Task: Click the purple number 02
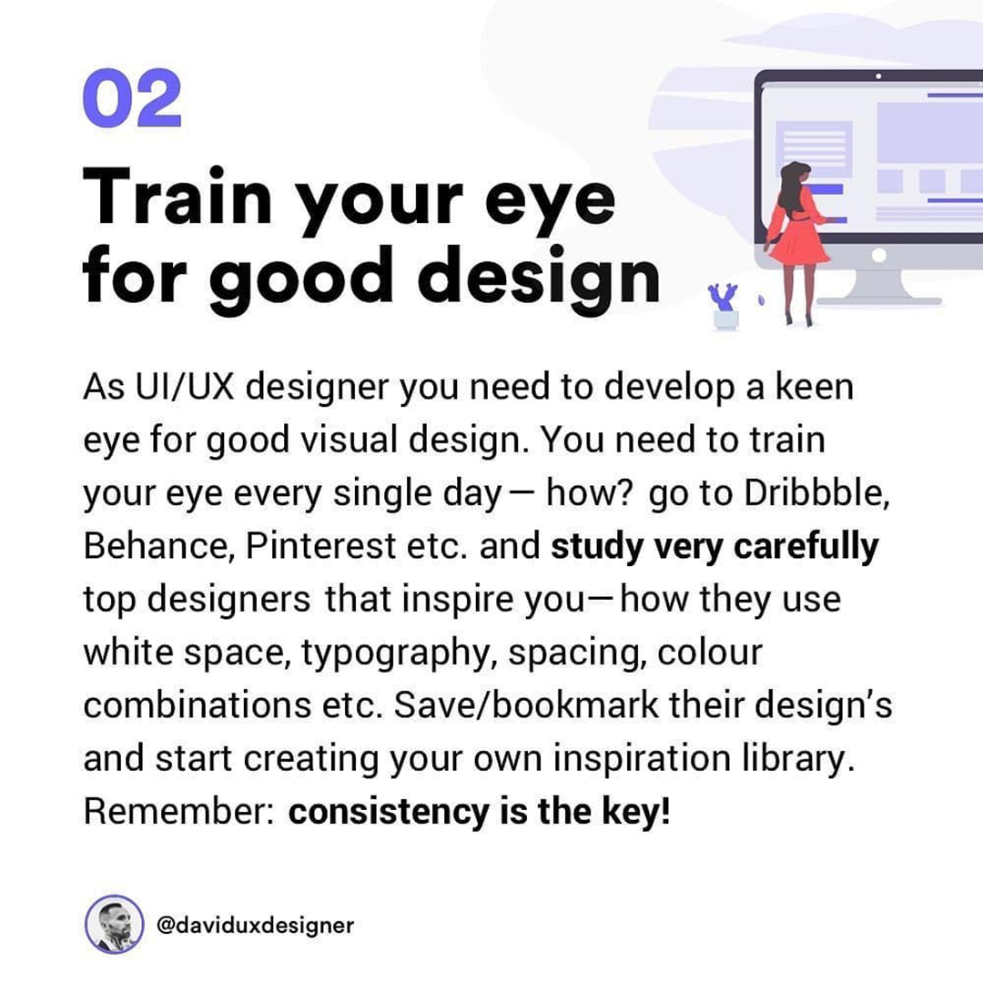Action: (x=132, y=98)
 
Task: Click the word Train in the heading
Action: (x=177, y=196)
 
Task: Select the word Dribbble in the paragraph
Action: (x=816, y=492)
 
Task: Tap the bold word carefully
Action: (x=806, y=547)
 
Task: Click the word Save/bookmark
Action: (x=526, y=704)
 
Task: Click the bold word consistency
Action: (x=389, y=811)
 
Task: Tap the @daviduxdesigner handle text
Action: (x=255, y=926)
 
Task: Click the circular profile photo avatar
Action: (x=114, y=925)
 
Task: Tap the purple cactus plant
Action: (x=723, y=297)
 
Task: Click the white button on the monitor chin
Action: (x=879, y=255)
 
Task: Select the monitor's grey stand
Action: (x=877, y=285)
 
